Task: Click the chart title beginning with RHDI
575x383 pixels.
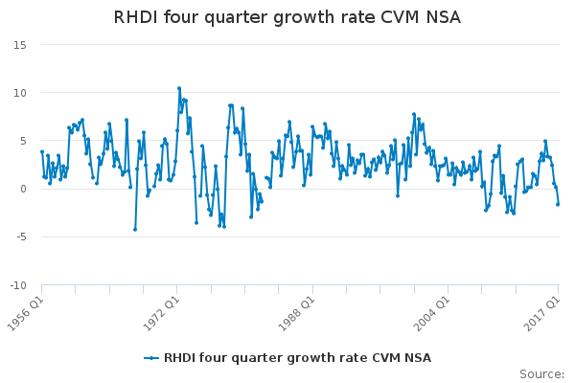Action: [287, 17]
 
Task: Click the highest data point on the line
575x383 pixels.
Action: [178, 88]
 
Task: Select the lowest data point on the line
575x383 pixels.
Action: [135, 229]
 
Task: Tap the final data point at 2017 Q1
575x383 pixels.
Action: [558, 204]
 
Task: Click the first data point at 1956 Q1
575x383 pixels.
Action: [41, 151]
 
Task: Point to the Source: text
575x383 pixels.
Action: [541, 373]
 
